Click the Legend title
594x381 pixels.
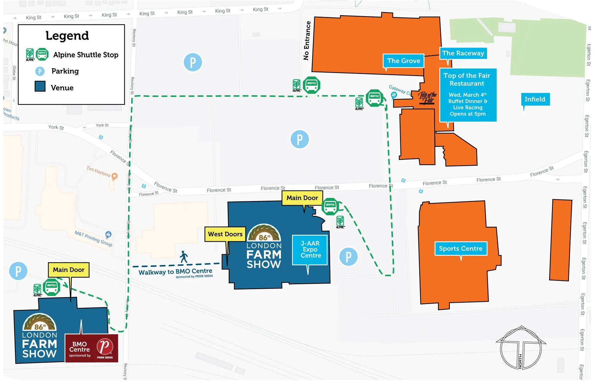tap(67, 36)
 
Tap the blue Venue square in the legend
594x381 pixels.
tap(40, 86)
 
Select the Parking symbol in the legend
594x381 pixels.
tap(40, 71)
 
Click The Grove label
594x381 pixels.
tap(403, 61)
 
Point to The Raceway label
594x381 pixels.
tap(463, 53)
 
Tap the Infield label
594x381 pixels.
tap(535, 99)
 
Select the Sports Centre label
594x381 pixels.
tap(460, 249)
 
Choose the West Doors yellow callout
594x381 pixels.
tap(225, 234)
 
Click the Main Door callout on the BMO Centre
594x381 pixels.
tap(68, 270)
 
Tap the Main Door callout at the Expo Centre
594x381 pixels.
tap(302, 198)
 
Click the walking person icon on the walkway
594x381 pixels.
tap(184, 257)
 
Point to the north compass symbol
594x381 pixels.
tap(521, 348)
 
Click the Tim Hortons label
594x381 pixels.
tap(98, 171)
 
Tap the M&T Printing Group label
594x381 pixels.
tap(93, 238)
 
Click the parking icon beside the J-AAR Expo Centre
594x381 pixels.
tap(348, 257)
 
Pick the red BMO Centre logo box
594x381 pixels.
tap(91, 348)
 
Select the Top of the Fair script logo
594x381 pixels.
tap(428, 98)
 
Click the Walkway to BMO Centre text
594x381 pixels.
tap(175, 272)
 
